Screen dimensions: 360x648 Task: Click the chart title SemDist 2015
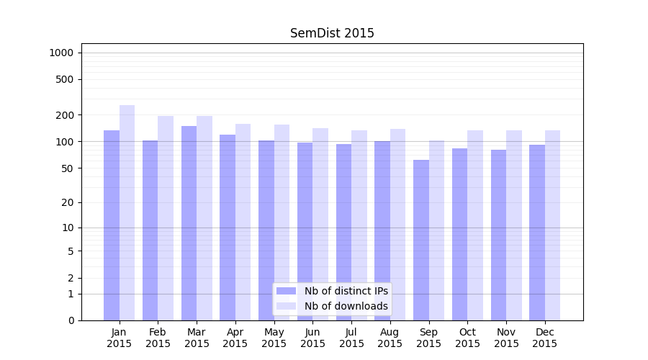pos(332,33)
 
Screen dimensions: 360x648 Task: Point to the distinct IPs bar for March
pos(189,223)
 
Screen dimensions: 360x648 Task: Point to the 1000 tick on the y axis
pos(61,53)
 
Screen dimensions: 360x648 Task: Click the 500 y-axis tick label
pos(65,79)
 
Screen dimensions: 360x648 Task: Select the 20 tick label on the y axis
pos(67,202)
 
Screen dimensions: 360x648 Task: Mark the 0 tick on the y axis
pos(71,320)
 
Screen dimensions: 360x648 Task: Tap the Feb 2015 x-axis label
pos(158,338)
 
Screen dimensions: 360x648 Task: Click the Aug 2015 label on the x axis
pos(390,338)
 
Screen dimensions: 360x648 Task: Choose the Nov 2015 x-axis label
pos(506,338)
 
